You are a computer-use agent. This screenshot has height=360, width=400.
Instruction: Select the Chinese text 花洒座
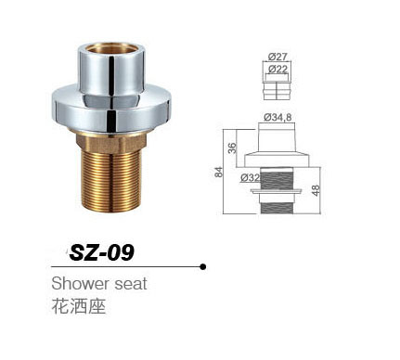[x=78, y=306]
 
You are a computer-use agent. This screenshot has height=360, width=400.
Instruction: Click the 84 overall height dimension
[x=219, y=171]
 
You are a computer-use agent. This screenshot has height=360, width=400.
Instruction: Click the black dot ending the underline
[x=203, y=267]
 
